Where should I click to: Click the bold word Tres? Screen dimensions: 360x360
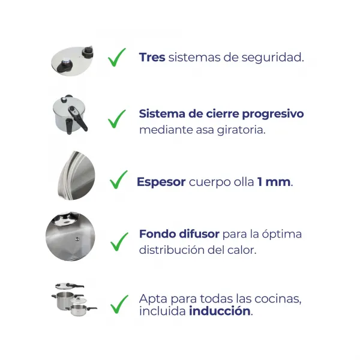[152, 58]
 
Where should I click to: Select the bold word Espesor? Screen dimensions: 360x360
[161, 182]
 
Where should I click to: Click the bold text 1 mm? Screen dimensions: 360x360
[274, 182]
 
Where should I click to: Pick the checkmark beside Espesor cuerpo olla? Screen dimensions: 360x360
[119, 179]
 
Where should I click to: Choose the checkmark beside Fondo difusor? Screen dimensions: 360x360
[119, 241]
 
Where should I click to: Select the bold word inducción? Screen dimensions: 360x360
[219, 311]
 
